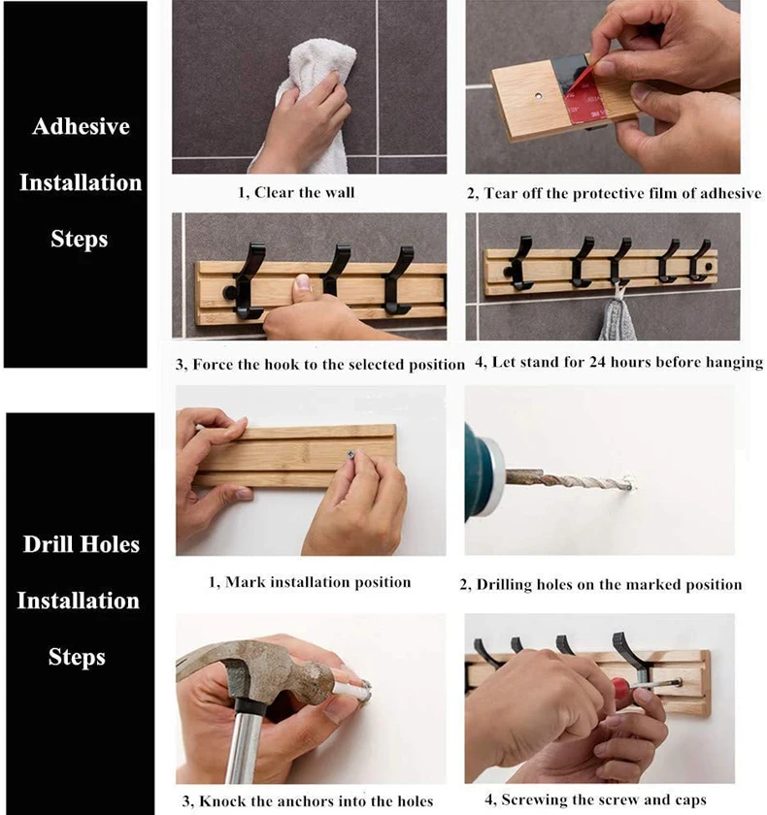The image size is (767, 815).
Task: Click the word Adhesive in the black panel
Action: [81, 126]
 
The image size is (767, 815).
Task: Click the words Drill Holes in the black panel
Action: [82, 544]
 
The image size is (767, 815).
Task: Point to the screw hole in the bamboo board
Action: [538, 96]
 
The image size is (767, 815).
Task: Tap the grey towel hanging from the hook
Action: [617, 317]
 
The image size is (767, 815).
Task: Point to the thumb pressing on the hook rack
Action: [302, 287]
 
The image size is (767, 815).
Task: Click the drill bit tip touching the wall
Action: [629, 486]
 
